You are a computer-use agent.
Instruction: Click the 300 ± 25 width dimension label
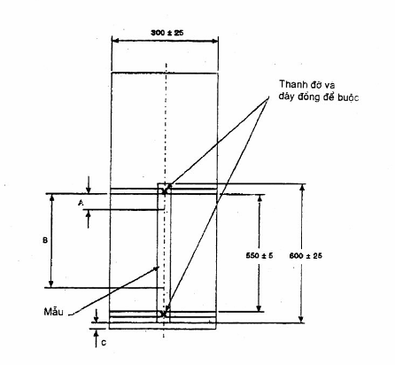click(167, 33)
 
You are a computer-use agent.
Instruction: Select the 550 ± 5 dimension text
click(259, 255)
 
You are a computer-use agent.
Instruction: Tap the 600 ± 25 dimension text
click(306, 256)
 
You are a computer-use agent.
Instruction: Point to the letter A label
click(81, 203)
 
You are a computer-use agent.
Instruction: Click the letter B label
click(45, 241)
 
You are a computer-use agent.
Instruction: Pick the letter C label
click(104, 343)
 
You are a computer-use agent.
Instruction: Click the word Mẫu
click(53, 312)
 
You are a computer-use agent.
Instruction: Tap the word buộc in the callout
click(348, 97)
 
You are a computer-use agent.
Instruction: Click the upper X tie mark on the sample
click(165, 190)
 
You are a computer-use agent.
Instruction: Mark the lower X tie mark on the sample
click(164, 314)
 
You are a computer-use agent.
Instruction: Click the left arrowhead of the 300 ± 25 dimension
click(115, 41)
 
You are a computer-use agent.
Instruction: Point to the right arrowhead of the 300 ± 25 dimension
click(214, 41)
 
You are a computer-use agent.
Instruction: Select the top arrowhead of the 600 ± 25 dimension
click(301, 187)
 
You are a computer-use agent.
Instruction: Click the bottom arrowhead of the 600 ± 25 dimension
click(301, 319)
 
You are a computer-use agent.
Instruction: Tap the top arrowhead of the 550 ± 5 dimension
click(259, 198)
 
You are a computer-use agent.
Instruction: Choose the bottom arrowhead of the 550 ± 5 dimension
click(259, 308)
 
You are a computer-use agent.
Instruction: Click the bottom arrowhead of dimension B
click(51, 283)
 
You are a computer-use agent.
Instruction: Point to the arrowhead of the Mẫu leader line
click(156, 268)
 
